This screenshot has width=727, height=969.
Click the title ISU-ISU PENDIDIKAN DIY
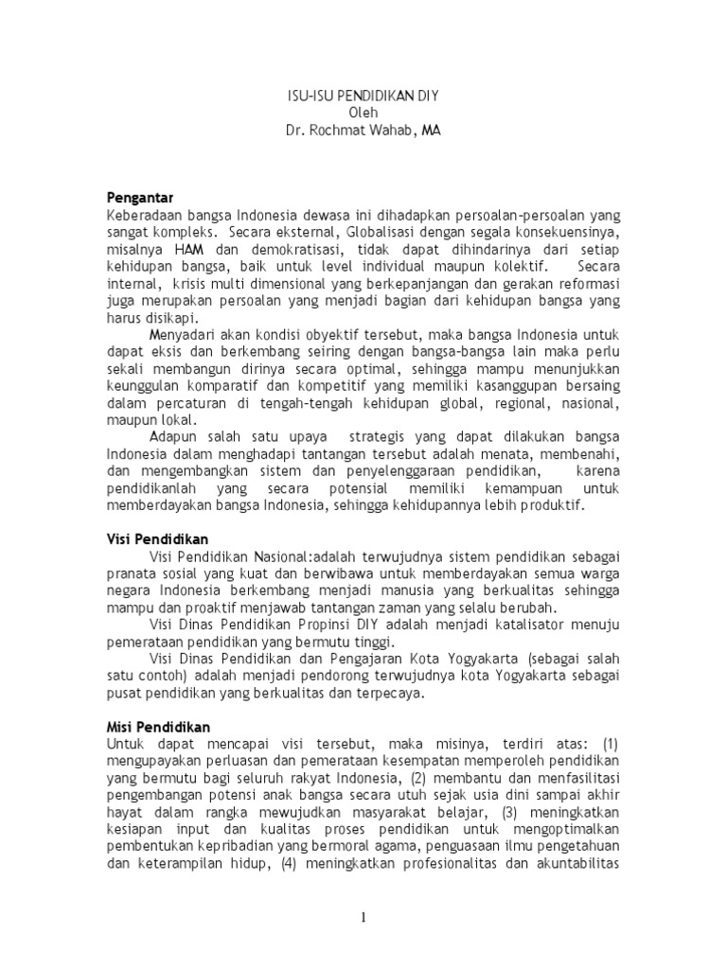(x=363, y=96)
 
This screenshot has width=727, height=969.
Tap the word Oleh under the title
(x=363, y=113)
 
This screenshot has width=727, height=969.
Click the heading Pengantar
(x=140, y=198)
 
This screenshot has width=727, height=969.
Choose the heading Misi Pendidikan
(x=158, y=726)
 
